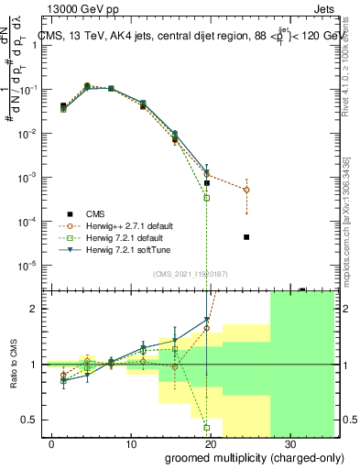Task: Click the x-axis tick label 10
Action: pyautogui.click(x=131, y=442)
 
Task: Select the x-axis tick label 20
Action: pyautogui.click(x=211, y=442)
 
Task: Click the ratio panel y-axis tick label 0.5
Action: pyautogui.click(x=29, y=420)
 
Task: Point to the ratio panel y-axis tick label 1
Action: pyautogui.click(x=35, y=365)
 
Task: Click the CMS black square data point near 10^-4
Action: pyautogui.click(x=246, y=237)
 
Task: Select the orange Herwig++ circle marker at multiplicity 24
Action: pyautogui.click(x=246, y=190)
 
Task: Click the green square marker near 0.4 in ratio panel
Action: pyautogui.click(x=207, y=427)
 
